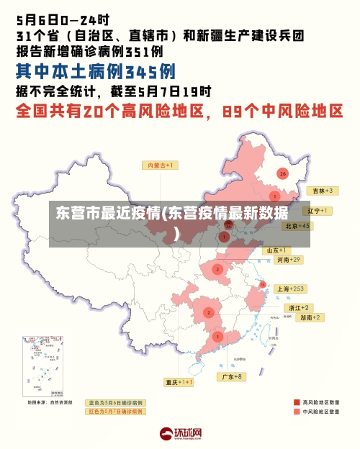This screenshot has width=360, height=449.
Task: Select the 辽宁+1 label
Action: click(317, 211)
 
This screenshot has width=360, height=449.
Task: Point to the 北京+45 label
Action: click(297, 226)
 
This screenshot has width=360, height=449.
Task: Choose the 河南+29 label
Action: click(288, 259)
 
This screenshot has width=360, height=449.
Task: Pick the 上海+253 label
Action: click(291, 289)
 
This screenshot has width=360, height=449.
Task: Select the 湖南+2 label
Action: click(311, 317)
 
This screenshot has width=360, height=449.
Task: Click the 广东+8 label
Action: click(232, 376)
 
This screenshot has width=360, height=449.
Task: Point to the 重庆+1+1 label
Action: click(179, 382)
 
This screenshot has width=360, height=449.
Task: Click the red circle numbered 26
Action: click(283, 173)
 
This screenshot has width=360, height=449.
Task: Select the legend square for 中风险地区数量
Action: click(297, 412)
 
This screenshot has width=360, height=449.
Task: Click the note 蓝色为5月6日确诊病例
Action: click(116, 402)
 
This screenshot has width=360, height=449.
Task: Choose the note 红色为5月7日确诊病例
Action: click(116, 412)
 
